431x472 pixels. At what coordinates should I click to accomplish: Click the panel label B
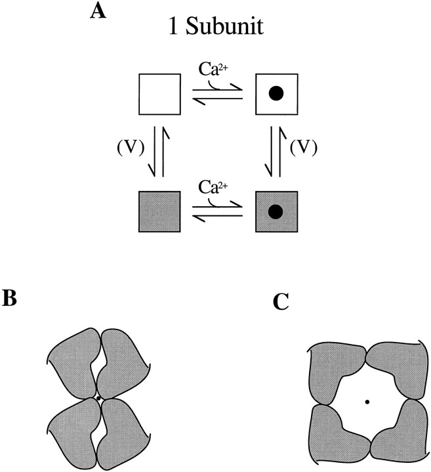click(10, 298)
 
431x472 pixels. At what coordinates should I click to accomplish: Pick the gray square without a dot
click(160, 211)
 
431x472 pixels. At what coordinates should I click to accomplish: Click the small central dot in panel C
click(367, 401)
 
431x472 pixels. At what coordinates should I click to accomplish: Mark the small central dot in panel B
click(98, 398)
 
